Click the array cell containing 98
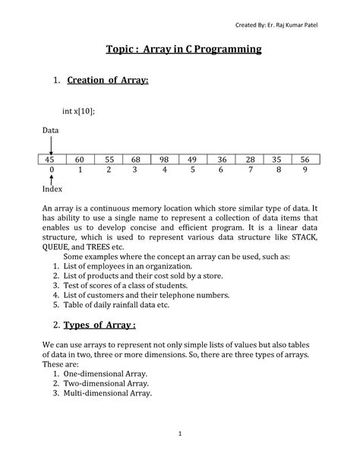click(x=164, y=159)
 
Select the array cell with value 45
click(x=50, y=159)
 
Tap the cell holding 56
click(x=305, y=159)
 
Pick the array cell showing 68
click(x=136, y=159)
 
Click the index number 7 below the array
click(x=248, y=171)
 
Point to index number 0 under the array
click(x=50, y=171)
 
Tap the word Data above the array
click(x=49, y=130)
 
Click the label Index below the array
click(x=52, y=189)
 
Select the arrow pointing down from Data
click(x=50, y=144)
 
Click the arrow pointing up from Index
click(x=50, y=179)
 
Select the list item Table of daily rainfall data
click(x=121, y=305)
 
